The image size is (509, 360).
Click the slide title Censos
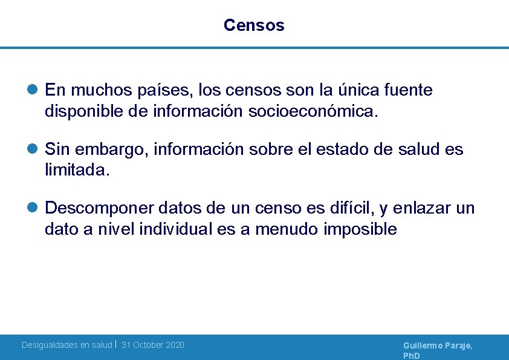tap(254, 25)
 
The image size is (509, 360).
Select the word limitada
tap(77, 170)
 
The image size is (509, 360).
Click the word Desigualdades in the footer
tap(49, 345)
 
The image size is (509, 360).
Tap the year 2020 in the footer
tap(174, 345)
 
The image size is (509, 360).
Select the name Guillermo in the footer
tap(423, 345)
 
